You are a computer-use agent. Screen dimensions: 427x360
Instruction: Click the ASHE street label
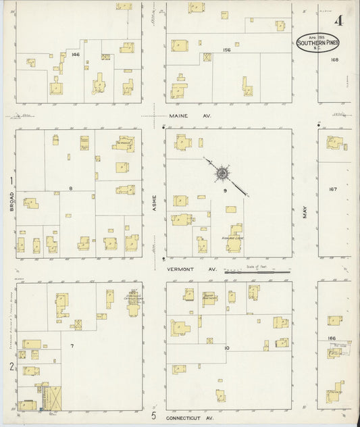pos(154,201)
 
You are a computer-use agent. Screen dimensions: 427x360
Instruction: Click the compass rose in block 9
pos(222,174)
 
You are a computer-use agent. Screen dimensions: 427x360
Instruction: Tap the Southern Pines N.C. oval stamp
pos(318,42)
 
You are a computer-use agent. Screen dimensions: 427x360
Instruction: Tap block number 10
pos(228,348)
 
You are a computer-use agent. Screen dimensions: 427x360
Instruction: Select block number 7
pos(72,345)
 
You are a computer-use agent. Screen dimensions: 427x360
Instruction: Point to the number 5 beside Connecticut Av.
pos(154,415)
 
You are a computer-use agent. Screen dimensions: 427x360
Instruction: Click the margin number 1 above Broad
pos(11,180)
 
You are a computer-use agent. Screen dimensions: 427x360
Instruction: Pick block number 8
pos(70,189)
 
